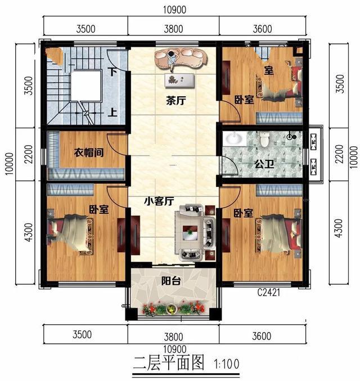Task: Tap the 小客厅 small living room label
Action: pos(158,200)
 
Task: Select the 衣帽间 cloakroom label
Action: pos(88,152)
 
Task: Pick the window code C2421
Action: pos(268,293)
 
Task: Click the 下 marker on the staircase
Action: pos(113,71)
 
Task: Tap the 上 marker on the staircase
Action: pos(113,112)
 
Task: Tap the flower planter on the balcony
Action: pos(174,308)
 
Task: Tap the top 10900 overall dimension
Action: pos(173,10)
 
